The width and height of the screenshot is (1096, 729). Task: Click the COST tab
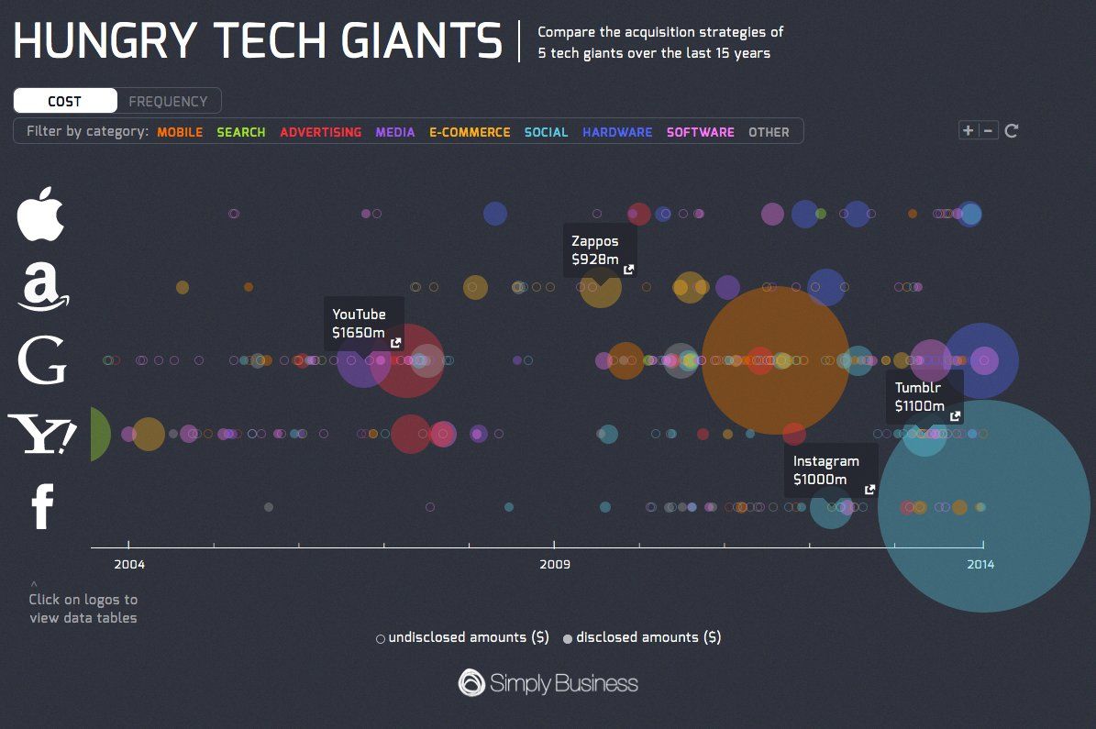(65, 101)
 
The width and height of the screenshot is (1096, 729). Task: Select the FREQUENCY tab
(168, 101)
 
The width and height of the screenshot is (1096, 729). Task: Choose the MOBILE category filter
(180, 132)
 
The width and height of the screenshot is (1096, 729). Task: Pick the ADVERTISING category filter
(320, 132)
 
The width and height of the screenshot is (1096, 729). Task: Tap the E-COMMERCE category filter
(470, 132)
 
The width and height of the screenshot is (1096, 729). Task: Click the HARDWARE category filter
(617, 132)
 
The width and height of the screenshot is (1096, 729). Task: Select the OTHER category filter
(769, 132)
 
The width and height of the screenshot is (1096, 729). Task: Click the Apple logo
(41, 214)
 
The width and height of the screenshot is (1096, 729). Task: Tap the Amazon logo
(42, 286)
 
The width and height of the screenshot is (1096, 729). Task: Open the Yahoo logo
(42, 433)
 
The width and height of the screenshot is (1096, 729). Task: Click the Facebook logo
(42, 507)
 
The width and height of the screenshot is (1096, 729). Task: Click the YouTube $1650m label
(363, 324)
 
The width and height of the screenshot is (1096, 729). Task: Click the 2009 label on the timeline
(555, 565)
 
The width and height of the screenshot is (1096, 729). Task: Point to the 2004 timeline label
(128, 565)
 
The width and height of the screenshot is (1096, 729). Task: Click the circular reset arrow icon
(1012, 130)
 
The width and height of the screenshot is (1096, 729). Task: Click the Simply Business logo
(548, 683)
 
